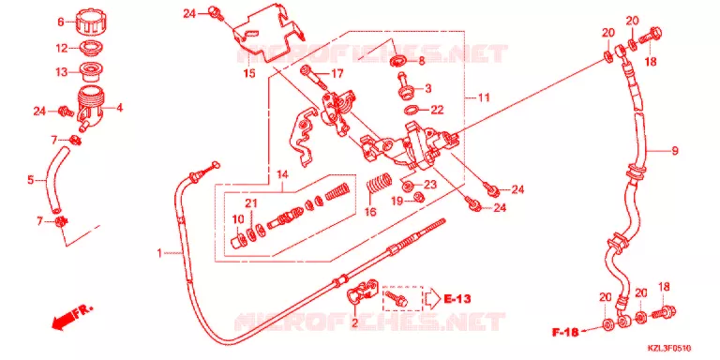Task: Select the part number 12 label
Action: click(62, 48)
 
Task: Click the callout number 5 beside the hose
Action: click(31, 180)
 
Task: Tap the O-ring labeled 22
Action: click(413, 110)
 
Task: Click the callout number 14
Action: click(282, 174)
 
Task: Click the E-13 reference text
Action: click(457, 299)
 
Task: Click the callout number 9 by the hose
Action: click(675, 150)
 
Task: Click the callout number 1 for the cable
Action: click(159, 252)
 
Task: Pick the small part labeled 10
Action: click(238, 240)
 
